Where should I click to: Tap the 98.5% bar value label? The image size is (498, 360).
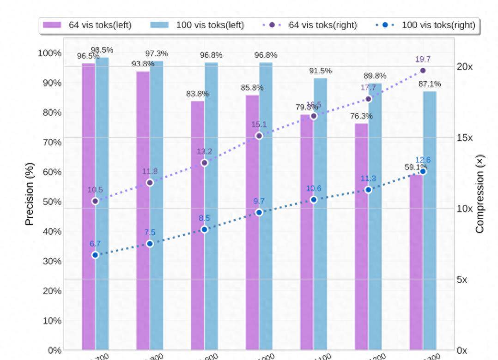click(x=102, y=50)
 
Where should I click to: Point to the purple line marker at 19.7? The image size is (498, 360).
click(x=423, y=71)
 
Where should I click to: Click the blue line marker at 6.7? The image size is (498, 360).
click(x=95, y=255)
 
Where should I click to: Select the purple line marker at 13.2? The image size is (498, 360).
click(x=205, y=162)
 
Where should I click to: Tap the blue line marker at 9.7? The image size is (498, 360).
click(x=259, y=212)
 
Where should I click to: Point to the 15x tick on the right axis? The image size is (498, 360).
click(x=464, y=138)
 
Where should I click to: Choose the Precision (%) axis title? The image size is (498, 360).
click(x=30, y=194)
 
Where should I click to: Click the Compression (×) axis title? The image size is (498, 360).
click(x=480, y=194)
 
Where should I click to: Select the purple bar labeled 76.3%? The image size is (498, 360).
click(x=361, y=235)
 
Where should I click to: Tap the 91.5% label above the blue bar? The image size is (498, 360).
click(x=321, y=71)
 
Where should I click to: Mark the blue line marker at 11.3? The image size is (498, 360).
click(x=368, y=190)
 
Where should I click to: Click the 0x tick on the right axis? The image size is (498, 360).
click(x=462, y=350)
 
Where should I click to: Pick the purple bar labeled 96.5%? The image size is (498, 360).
click(x=88, y=208)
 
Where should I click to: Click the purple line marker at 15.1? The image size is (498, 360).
click(x=259, y=136)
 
